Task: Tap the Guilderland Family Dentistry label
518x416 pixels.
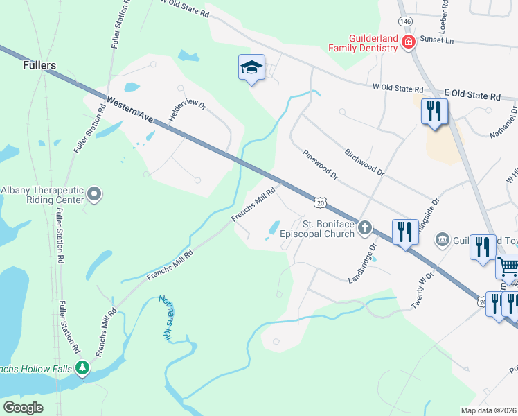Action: click(363, 43)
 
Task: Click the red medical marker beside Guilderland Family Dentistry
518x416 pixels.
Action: click(409, 43)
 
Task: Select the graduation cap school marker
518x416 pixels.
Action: click(251, 67)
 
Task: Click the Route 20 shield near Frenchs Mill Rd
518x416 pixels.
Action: click(319, 202)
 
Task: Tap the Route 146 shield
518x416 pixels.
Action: click(405, 22)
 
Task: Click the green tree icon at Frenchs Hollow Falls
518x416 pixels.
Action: click(83, 367)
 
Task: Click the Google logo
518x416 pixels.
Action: click(24, 407)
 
